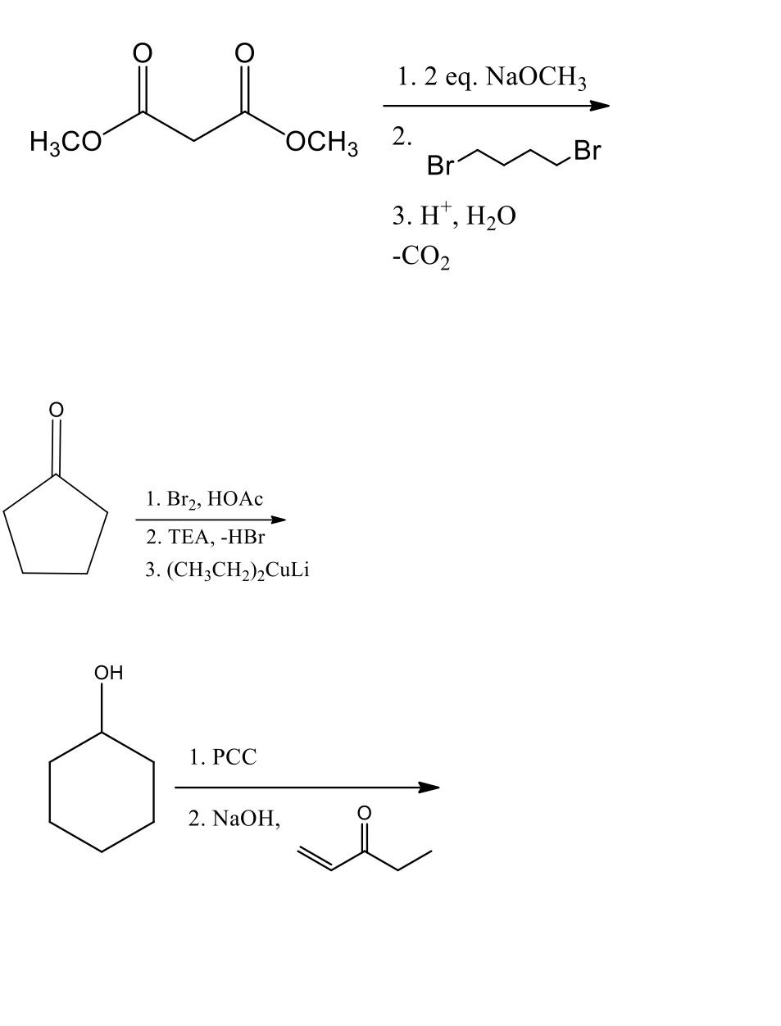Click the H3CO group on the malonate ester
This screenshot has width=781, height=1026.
click(x=66, y=142)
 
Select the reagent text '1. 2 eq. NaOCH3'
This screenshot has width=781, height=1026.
click(x=492, y=78)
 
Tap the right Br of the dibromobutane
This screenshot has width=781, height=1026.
click(x=587, y=151)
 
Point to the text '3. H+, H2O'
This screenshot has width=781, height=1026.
click(x=454, y=216)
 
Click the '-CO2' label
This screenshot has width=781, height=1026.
click(x=420, y=257)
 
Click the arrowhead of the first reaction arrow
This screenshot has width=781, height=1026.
click(x=600, y=106)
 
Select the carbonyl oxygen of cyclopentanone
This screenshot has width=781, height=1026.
click(x=55, y=409)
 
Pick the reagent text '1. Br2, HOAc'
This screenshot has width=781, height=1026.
click(x=204, y=498)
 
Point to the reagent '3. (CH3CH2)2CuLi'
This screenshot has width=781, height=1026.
click(x=227, y=570)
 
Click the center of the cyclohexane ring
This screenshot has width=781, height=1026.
click(x=102, y=792)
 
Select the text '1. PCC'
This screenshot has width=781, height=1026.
click(x=222, y=757)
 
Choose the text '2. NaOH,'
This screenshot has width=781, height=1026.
click(x=234, y=819)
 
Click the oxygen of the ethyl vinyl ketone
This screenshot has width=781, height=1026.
click(x=365, y=813)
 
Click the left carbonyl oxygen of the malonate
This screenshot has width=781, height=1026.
click(x=142, y=53)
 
